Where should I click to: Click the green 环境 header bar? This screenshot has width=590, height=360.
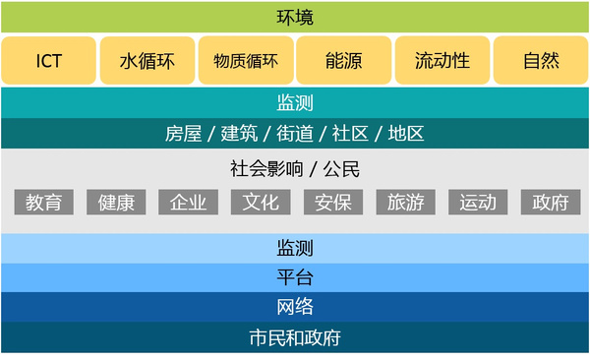[295, 17]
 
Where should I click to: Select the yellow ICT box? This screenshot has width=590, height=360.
[49, 61]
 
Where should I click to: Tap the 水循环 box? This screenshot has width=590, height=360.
[147, 61]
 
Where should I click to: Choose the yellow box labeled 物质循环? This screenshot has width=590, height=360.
[245, 61]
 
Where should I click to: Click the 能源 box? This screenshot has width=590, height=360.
[343, 61]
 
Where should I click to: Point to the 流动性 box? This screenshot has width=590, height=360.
[442, 61]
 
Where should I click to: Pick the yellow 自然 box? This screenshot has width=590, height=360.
[541, 61]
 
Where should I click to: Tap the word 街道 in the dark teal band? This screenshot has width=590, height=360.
[295, 134]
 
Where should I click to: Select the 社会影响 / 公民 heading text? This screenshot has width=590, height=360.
[295, 168]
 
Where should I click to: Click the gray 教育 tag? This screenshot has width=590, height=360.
[44, 203]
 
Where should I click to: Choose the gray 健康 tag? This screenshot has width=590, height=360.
[116, 203]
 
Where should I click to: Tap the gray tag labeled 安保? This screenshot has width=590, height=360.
[333, 203]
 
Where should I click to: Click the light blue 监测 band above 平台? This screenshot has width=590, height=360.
[295, 248]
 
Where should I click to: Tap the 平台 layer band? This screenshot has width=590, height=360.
[295, 277]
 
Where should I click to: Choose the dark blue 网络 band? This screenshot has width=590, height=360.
[295, 307]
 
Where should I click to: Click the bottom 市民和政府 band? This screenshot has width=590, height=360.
[295, 337]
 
